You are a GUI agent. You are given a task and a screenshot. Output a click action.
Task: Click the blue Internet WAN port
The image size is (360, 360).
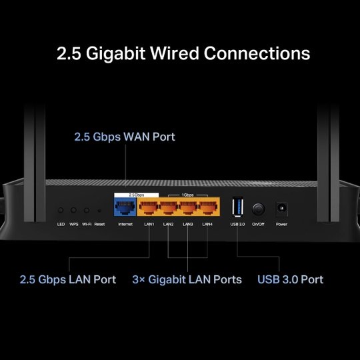(125, 207)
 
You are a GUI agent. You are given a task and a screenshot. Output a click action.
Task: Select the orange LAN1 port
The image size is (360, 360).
(149, 207)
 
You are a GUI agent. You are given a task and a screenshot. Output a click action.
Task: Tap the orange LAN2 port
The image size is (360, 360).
(169, 207)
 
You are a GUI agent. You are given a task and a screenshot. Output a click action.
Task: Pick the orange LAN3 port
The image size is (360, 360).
(189, 207)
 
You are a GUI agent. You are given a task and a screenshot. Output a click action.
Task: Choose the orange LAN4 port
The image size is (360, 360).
(208, 207)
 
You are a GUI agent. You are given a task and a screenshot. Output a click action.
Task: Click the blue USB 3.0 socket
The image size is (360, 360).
(237, 207)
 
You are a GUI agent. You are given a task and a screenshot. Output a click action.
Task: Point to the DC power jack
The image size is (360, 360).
(281, 209)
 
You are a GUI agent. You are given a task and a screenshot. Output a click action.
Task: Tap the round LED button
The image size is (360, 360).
(61, 210)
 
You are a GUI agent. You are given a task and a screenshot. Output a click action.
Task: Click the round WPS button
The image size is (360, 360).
(74, 210)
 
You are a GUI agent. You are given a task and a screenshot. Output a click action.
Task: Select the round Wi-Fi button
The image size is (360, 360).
(87, 210)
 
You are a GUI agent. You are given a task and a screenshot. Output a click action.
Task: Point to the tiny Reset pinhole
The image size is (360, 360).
(99, 210)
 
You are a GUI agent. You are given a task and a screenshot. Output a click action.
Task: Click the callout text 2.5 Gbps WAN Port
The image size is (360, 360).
(124, 137)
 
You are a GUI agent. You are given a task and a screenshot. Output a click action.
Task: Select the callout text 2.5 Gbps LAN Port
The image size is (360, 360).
(67, 279)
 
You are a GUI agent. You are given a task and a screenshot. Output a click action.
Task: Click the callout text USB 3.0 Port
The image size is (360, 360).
(291, 279)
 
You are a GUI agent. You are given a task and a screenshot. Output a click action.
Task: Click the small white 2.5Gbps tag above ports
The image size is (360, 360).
(125, 195)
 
